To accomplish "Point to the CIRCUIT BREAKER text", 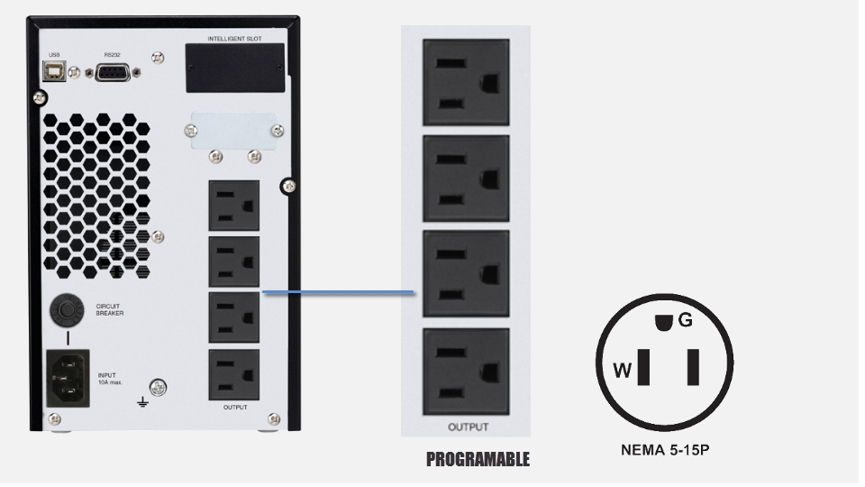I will click(x=110, y=309).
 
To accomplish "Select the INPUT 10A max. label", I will click(x=109, y=379).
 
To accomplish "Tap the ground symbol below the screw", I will click(x=141, y=401).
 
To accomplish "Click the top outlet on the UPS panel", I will click(x=233, y=205).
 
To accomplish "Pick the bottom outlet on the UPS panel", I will click(x=233, y=373).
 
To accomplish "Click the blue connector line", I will click(x=338, y=292).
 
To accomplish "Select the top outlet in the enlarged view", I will click(x=466, y=82).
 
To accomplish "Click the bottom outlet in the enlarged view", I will click(x=466, y=371).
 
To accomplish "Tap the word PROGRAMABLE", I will click(x=478, y=459).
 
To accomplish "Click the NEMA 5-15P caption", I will click(x=665, y=448).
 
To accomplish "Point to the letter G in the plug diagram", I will click(x=685, y=319).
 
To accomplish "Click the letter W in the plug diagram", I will click(x=622, y=370).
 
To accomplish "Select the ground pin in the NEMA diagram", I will click(x=665, y=321).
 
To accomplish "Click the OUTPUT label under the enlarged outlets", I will click(x=468, y=427).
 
